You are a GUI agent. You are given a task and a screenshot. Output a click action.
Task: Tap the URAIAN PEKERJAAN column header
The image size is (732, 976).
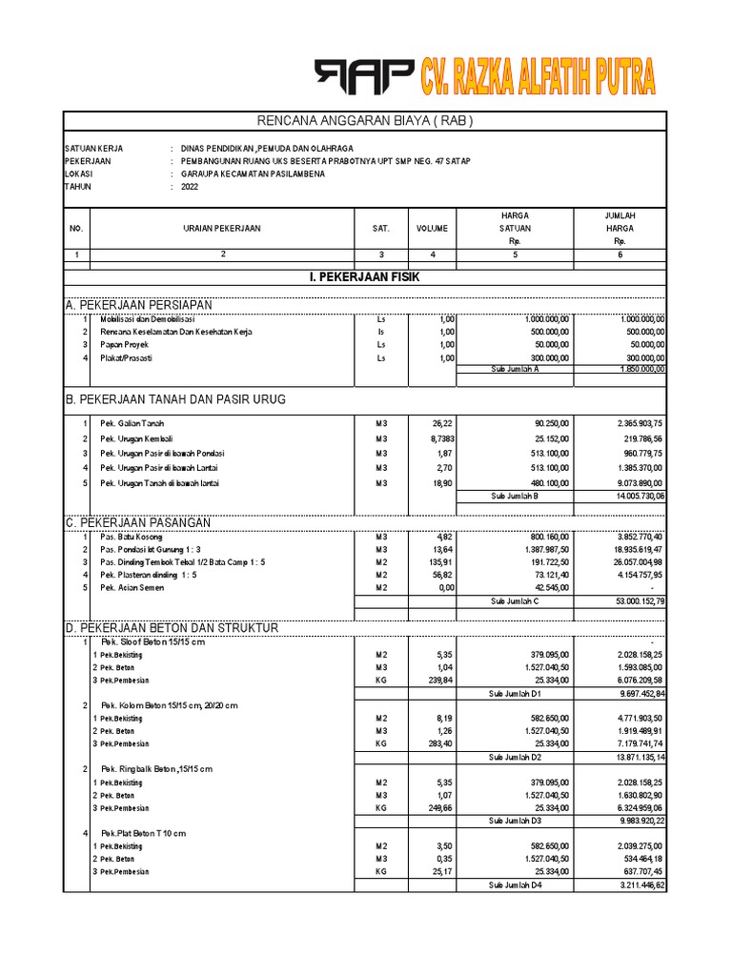pos(221,229)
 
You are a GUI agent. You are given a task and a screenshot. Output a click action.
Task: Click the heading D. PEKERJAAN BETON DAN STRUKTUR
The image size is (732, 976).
pos(172,628)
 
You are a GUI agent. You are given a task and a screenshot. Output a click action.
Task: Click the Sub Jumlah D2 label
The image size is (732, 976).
pos(515,757)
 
